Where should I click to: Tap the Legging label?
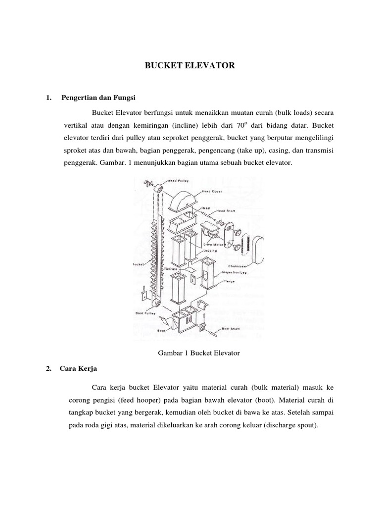[x=211, y=251]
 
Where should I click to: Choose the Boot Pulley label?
[x=145, y=313]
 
